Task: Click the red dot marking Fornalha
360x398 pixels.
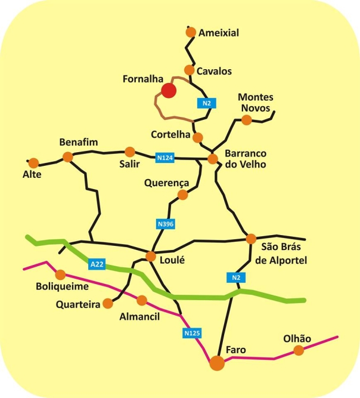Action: click(169, 90)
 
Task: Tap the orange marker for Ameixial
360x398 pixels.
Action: click(191, 32)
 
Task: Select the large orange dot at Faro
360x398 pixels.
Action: click(218, 363)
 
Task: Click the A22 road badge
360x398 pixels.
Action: click(97, 264)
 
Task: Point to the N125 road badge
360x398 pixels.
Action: click(192, 333)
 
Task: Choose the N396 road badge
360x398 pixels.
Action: click(166, 224)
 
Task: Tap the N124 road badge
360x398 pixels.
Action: click(165, 158)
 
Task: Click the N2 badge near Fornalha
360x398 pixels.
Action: click(207, 103)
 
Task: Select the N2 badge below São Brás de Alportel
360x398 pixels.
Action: click(236, 277)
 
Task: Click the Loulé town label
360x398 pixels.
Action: click(172, 260)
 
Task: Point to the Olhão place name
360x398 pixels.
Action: click(297, 338)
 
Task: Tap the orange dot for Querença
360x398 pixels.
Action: click(182, 195)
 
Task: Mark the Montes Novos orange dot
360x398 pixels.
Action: click(246, 120)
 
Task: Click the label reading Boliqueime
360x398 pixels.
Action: click(63, 286)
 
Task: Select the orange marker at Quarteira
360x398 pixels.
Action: click(108, 303)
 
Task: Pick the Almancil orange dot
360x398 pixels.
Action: click(142, 300)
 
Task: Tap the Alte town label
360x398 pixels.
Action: click(32, 174)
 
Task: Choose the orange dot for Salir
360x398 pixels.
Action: click(130, 152)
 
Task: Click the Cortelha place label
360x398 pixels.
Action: click(170, 134)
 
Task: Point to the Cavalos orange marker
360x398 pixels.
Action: click(189, 70)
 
